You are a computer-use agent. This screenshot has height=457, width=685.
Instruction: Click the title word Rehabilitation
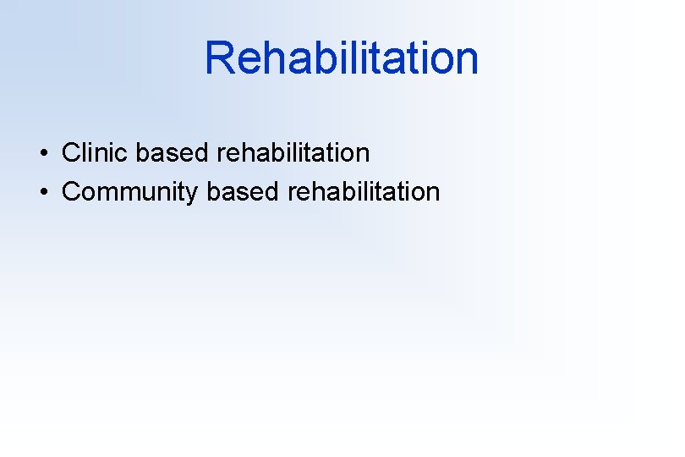point(342,58)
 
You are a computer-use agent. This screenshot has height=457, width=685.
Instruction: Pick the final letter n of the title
point(467,58)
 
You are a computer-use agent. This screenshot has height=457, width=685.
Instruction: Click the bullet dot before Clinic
point(41,154)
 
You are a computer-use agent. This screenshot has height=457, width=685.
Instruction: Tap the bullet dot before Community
point(41,193)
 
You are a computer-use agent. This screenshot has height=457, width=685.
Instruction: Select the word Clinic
point(96,153)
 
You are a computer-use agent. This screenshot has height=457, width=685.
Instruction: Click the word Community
point(129,192)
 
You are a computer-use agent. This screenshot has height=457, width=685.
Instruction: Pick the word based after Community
point(242,192)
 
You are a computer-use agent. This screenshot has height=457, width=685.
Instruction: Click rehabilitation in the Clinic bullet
point(293,153)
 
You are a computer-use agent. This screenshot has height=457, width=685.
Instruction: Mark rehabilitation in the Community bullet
point(364,192)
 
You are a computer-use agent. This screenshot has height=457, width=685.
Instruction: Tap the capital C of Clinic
point(71,153)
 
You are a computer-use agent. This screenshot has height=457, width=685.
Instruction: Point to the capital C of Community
point(71,192)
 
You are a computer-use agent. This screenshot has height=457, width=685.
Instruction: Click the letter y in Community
point(190,195)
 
